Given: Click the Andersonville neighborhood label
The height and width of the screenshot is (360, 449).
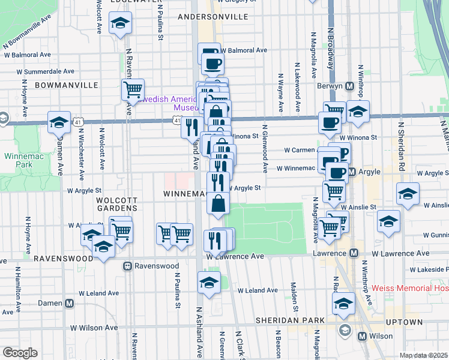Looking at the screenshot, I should coord(213,17).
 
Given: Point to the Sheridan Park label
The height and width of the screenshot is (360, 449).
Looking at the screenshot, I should coord(289,320).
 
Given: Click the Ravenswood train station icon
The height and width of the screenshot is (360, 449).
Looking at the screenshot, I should coord(127,266).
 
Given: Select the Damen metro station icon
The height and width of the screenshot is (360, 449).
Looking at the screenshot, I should coord(70,303).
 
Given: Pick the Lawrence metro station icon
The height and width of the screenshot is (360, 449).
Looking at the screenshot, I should coord(354,253).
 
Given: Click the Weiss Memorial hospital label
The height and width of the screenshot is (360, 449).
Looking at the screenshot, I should coord(409,288).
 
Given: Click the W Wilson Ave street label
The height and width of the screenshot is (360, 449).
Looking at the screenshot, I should coord(94,328).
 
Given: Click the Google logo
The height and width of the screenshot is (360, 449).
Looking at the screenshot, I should coord(20,353).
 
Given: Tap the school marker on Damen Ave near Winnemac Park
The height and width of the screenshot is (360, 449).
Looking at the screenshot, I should coord(59,122).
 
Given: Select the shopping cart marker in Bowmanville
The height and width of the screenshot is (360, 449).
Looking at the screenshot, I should coord(133,90).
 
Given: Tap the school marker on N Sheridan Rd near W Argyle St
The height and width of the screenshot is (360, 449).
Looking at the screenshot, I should coord(408,194).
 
